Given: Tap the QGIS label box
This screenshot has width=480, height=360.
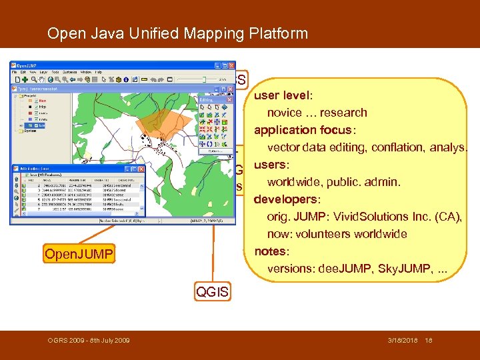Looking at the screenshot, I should point(212,291).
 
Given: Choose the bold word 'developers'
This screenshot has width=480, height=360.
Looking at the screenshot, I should point(286,199).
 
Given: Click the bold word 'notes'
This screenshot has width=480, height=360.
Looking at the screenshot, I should point(271,251).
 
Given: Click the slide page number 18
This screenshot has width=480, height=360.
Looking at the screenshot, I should point(429,341).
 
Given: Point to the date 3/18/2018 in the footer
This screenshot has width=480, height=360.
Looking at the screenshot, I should point(403,341).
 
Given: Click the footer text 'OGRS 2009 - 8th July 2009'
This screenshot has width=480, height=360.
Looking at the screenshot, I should point(89,341).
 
